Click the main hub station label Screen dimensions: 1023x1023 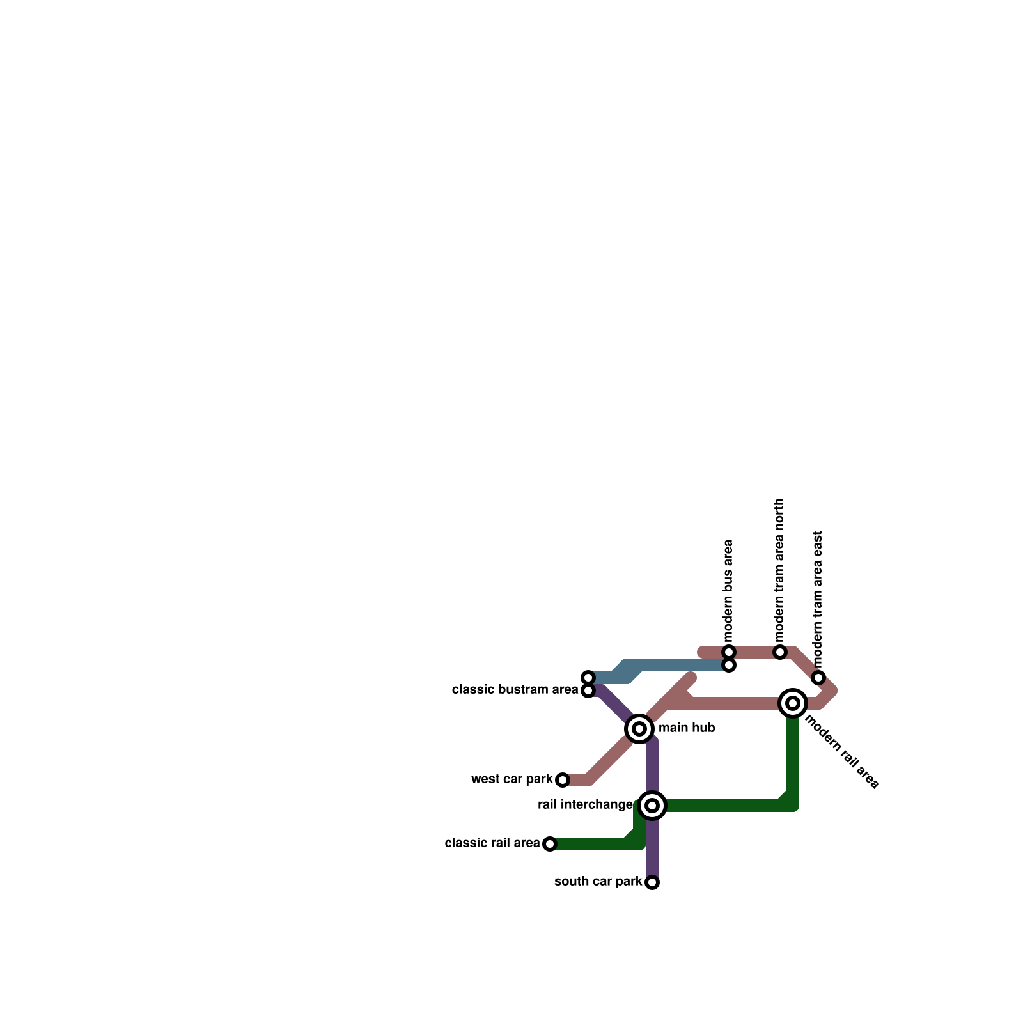tap(687, 728)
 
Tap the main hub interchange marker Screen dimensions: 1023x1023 tap(639, 729)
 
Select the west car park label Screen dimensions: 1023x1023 tap(511, 779)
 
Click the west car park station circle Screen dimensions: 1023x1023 tap(562, 780)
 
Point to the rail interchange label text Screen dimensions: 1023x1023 tap(585, 805)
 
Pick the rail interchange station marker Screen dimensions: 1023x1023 tap(652, 806)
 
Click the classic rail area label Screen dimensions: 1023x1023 tap(492, 843)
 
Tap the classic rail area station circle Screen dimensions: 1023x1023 tap(550, 844)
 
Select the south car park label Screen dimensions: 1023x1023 tap(598, 882)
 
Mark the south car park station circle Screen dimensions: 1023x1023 tap(652, 882)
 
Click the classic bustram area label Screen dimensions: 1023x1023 tap(515, 690)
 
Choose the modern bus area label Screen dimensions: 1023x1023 tap(728, 591)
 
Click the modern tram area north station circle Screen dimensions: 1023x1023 tap(779, 652)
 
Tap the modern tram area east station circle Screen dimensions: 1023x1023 tap(818, 678)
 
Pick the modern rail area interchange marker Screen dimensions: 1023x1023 tap(793, 703)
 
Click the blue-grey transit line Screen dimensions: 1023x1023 tap(678, 665)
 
